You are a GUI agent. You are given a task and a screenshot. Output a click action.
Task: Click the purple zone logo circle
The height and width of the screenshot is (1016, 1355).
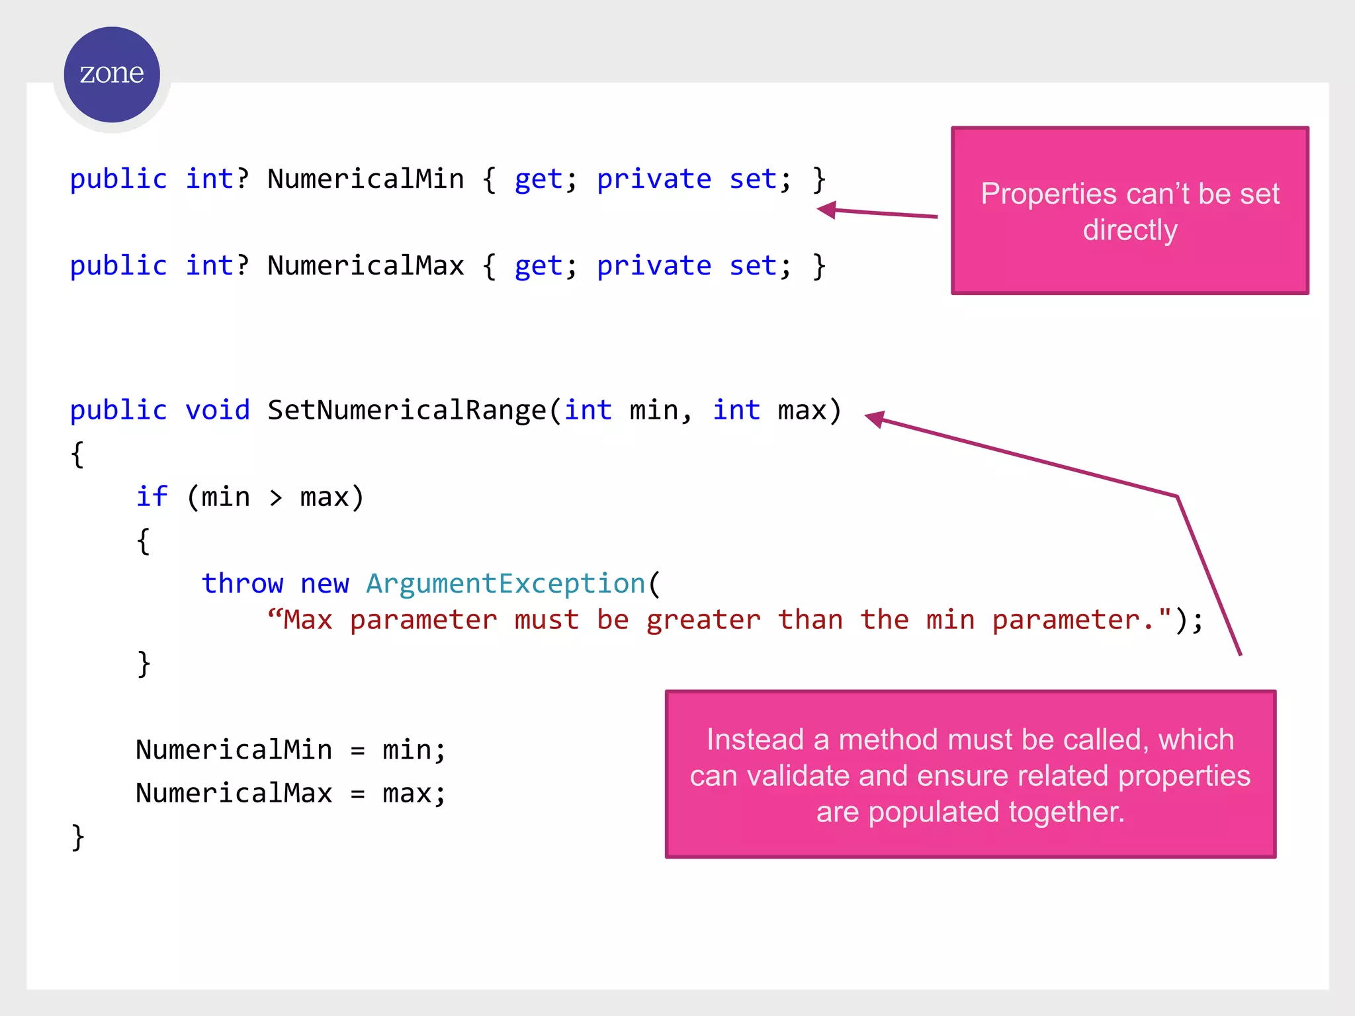[x=112, y=74]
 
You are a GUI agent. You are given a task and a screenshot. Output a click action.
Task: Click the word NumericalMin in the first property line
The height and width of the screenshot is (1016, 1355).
[x=366, y=179]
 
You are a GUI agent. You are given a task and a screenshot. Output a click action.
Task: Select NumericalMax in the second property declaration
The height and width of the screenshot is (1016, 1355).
[x=366, y=266]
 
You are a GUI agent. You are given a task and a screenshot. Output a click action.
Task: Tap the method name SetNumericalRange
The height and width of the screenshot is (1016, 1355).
[x=407, y=411]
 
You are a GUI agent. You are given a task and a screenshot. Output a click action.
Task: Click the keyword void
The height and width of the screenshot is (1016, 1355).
[x=218, y=411]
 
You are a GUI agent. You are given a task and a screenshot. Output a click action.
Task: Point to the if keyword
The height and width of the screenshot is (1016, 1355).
[x=152, y=497]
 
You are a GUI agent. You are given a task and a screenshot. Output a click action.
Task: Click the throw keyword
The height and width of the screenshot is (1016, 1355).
[x=242, y=583]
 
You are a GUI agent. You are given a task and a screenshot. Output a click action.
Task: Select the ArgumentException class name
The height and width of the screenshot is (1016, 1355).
[x=505, y=583]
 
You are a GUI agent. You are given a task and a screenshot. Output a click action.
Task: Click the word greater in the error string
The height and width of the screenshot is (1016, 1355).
[x=703, y=620]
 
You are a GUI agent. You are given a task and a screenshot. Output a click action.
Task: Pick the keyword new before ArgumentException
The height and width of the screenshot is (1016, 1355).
[x=324, y=583]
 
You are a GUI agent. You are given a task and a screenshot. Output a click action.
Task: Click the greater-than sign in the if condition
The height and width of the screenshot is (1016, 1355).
[x=276, y=497]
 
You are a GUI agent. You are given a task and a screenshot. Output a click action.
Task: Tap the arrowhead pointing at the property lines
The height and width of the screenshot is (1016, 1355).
[x=827, y=210]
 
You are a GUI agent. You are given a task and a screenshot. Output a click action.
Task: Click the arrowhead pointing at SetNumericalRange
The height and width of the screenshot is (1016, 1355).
[x=875, y=419]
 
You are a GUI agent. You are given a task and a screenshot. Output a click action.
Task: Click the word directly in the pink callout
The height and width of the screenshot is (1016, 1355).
[x=1130, y=230]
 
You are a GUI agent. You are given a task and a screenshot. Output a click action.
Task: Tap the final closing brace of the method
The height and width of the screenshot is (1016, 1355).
[x=78, y=837]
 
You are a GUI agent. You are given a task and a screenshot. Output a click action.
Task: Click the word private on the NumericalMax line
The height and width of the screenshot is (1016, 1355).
[x=654, y=266]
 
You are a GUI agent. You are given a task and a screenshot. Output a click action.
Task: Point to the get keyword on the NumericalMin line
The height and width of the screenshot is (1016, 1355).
[x=539, y=179]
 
